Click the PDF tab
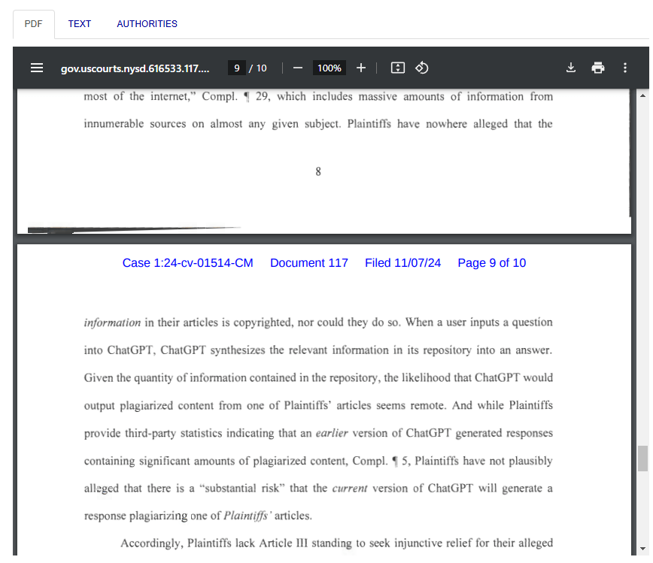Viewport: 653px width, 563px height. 33,24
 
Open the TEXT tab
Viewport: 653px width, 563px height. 79,24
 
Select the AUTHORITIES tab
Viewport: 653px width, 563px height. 147,24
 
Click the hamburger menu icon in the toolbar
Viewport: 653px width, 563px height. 37,68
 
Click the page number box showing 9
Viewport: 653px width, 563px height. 237,68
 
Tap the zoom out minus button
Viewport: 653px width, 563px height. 297,68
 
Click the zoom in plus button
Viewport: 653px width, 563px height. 361,68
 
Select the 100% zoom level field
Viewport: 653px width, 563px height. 329,68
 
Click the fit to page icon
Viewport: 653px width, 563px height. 398,68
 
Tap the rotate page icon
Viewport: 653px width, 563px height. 422,68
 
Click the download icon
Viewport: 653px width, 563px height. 571,68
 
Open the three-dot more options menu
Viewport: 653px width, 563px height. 625,68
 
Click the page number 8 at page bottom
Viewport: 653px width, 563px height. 318,172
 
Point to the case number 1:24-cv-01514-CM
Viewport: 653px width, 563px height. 187,263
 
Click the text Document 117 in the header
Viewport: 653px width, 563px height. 309,263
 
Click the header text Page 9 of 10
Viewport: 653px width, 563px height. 492,263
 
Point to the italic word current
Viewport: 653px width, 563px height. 350,489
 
